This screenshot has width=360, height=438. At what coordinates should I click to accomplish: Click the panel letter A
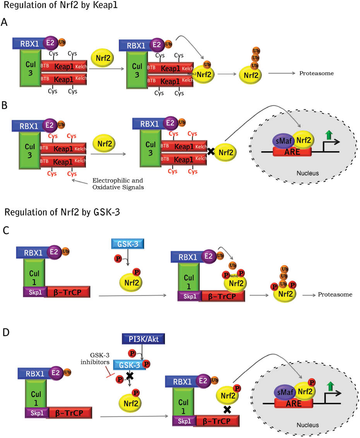tap(5, 22)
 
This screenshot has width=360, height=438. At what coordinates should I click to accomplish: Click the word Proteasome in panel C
tap(335, 295)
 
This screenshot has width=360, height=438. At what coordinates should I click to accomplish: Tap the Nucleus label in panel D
tap(308, 424)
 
